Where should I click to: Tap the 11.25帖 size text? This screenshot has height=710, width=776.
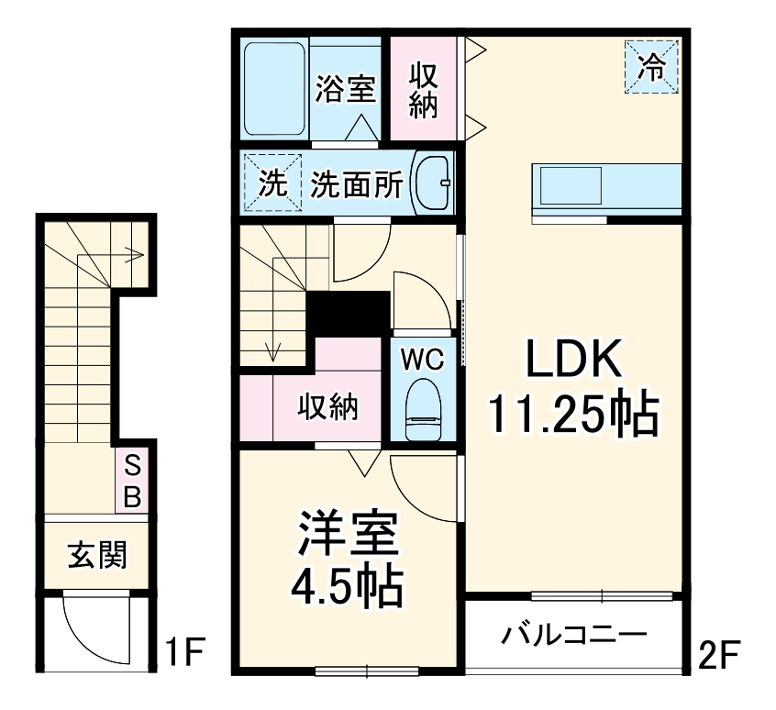coord(573,415)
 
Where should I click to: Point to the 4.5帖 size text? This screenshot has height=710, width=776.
coord(347,587)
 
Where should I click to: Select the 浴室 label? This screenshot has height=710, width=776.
coord(345,89)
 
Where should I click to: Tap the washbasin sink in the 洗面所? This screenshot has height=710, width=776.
coord(434,182)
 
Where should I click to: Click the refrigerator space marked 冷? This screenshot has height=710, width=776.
coord(651,66)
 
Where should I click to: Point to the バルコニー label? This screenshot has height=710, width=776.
coord(575,634)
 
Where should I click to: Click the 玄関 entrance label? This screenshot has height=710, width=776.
coord(96,554)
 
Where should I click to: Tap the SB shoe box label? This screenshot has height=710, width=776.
coord(132,483)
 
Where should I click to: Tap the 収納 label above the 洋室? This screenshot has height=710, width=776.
coord(327,407)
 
